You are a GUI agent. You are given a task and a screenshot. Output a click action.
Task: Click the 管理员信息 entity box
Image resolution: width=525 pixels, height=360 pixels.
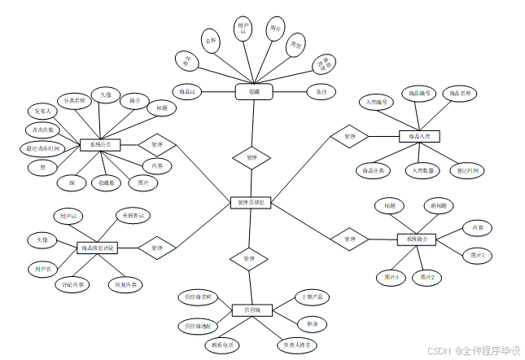250,201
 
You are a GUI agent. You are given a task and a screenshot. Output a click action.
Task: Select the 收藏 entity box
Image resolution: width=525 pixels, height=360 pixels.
254,92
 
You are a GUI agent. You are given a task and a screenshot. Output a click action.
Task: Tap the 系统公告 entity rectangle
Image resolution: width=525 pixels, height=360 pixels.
100,145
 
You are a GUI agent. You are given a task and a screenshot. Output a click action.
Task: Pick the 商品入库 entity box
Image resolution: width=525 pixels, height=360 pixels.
419,136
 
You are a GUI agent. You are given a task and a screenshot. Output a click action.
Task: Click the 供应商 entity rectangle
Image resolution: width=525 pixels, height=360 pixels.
252,310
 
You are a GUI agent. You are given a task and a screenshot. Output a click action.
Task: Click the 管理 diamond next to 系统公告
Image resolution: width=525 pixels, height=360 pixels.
158,145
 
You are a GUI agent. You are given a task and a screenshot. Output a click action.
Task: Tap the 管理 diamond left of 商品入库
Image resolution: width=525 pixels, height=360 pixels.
349,136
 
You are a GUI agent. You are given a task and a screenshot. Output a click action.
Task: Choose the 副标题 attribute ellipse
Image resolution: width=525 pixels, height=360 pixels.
438,206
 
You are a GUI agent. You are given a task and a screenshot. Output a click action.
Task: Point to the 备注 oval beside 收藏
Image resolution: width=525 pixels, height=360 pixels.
320,92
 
